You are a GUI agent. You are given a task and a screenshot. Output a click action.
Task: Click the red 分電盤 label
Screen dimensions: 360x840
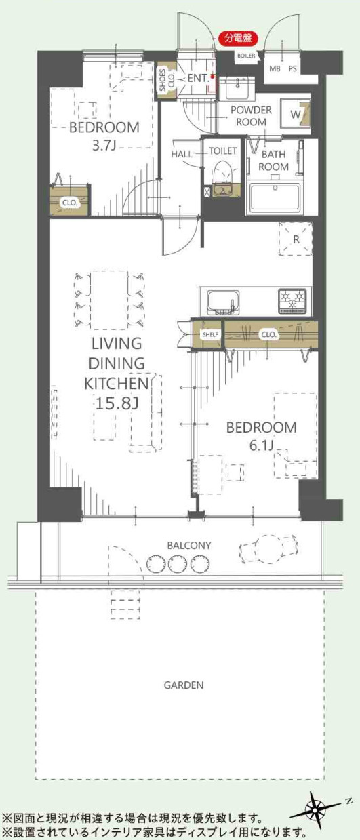(x=238, y=38)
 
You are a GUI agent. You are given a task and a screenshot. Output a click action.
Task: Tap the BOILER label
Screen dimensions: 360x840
(x=246, y=56)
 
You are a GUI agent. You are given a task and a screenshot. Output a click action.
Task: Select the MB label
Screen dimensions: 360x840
(x=275, y=69)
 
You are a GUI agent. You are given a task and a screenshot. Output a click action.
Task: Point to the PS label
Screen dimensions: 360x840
(x=292, y=69)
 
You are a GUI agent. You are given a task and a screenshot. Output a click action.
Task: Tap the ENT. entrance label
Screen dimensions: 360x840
(x=198, y=79)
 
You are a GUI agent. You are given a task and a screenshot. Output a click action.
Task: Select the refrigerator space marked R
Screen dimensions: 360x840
(x=296, y=239)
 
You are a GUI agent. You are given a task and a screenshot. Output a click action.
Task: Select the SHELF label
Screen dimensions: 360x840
(x=210, y=334)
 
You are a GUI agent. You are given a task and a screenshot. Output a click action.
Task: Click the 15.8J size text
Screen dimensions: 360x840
(x=117, y=403)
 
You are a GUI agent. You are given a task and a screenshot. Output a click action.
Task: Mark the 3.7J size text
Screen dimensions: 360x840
(x=104, y=146)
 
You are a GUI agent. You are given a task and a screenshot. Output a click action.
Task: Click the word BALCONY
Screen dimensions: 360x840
(x=189, y=546)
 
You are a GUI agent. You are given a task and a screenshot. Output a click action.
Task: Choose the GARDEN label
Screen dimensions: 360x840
(x=184, y=685)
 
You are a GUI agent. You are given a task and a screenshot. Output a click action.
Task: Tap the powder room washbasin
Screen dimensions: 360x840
(x=237, y=89)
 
